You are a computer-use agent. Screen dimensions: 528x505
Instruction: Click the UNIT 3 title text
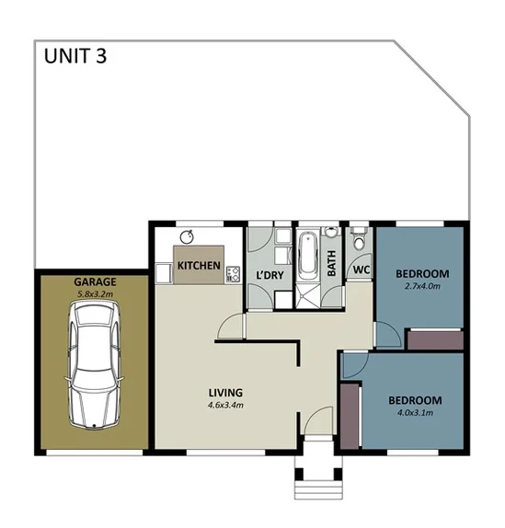(75, 55)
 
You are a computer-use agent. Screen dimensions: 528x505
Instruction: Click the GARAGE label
(92, 281)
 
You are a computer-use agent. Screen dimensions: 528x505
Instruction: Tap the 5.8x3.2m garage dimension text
(92, 294)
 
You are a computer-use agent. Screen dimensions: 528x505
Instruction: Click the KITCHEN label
(199, 266)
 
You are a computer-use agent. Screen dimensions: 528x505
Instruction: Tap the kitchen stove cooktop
(234, 273)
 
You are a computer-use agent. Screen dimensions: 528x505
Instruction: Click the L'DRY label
(269, 275)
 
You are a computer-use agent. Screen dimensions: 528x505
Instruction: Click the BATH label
(332, 264)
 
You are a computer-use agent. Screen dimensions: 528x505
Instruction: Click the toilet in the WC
(359, 241)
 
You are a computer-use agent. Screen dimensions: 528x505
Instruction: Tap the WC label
(361, 271)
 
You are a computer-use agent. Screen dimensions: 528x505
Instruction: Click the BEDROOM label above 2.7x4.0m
(421, 273)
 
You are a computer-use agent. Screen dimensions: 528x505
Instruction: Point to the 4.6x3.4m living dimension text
(224, 405)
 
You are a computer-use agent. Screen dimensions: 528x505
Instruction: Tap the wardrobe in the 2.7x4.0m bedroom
(434, 339)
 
